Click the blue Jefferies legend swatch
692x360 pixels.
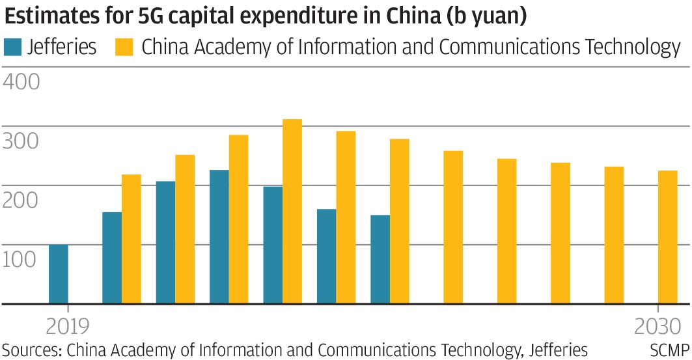pyautogui.click(x=12, y=47)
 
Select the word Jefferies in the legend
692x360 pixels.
pyautogui.click(x=62, y=47)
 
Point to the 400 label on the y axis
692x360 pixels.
pyautogui.click(x=21, y=82)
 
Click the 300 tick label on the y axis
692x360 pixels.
pyautogui.click(x=21, y=141)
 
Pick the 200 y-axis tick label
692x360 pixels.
pyautogui.click(x=21, y=201)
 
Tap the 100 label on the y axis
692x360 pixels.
pyautogui.click(x=21, y=260)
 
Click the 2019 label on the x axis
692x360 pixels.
pyautogui.click(x=68, y=325)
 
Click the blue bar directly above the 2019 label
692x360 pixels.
pyautogui.click(x=59, y=274)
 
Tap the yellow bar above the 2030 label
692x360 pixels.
pyautogui.click(x=667, y=237)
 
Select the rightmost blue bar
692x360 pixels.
pyautogui.click(x=380, y=259)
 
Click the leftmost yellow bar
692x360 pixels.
pyautogui.click(x=131, y=239)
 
